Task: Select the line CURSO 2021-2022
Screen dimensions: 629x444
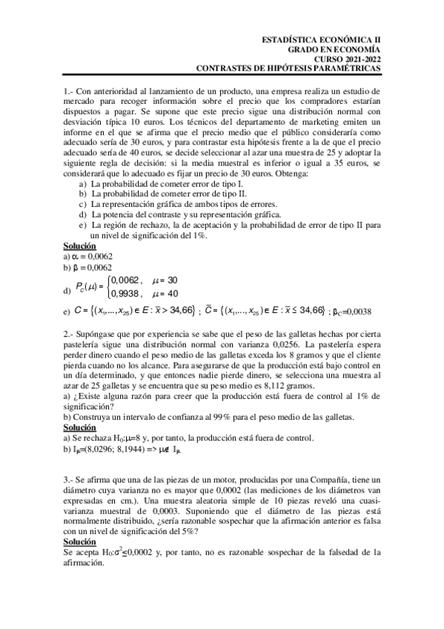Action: click(347, 59)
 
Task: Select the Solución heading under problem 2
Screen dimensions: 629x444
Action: click(80, 428)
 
